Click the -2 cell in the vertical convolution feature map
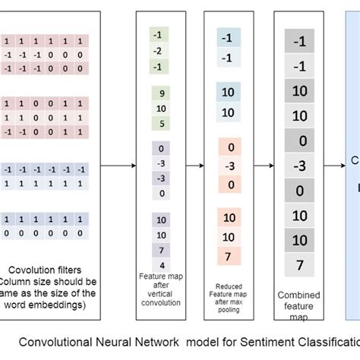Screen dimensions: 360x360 [x=156, y=51]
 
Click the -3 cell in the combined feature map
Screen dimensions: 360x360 [x=300, y=166]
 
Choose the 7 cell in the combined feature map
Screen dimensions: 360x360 [x=300, y=265]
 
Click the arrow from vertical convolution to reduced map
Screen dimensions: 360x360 [x=193, y=165]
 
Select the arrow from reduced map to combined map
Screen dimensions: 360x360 [x=264, y=165]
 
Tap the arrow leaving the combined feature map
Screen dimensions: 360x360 [x=335, y=165]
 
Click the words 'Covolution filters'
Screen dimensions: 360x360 [x=46, y=270]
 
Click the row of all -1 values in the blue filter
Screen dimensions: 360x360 [x=46, y=169]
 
